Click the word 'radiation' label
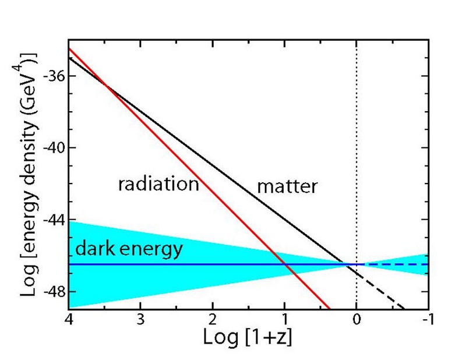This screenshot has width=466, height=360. click(158, 185)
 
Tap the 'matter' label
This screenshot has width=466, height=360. click(287, 186)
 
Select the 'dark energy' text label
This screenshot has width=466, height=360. click(129, 250)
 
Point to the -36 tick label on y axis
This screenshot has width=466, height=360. click(49, 76)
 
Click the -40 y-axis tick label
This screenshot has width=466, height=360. click(49, 148)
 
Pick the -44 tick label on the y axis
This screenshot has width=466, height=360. click(49, 220)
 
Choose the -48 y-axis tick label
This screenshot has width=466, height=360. click(49, 291)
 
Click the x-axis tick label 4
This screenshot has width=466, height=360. click(69, 320)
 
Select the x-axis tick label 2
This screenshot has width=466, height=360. click(212, 320)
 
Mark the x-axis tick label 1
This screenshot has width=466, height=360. click(284, 320)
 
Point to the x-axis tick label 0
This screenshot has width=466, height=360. click(356, 320)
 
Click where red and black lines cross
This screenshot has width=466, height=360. click(107, 86)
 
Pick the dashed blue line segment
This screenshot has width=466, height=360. click(399, 264)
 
